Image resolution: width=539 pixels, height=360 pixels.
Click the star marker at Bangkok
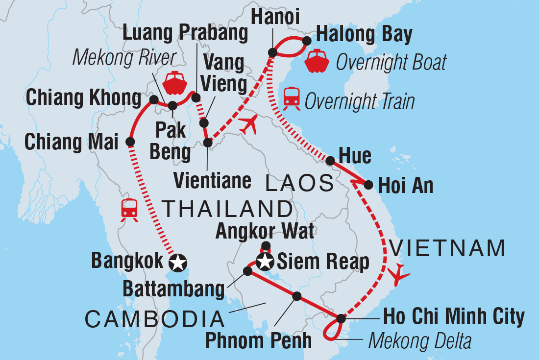[177, 264]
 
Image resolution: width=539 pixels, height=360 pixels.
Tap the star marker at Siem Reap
[265, 262]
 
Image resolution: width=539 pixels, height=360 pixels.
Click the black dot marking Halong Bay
[307, 40]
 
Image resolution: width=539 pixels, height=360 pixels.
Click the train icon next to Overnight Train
[292, 97]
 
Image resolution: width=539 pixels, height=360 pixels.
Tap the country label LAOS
[299, 184]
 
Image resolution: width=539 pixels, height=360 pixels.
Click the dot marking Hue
[330, 160]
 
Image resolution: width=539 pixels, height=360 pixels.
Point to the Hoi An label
[406, 186]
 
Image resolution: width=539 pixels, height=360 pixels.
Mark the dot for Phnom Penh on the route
[296, 296]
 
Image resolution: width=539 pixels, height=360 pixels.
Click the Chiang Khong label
[83, 98]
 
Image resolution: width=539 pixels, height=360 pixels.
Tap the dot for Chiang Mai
[130, 142]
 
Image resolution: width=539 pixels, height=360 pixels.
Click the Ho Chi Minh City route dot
[341, 319]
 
